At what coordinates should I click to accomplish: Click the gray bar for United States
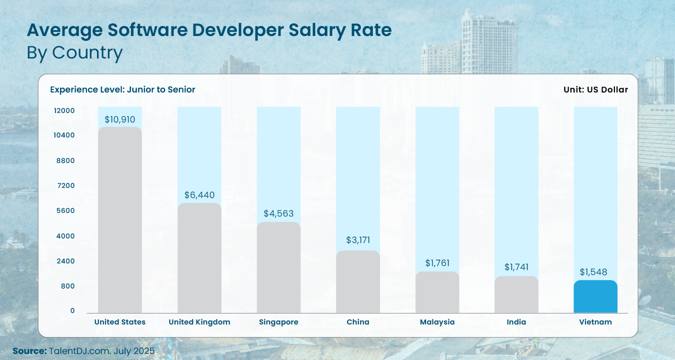point(120,220)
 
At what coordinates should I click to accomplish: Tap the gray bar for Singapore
point(278,267)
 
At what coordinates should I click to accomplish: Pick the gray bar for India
point(516,294)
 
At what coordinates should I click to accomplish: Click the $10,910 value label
point(120,120)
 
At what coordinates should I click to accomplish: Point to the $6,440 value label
point(199,195)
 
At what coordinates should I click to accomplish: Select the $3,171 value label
point(358,240)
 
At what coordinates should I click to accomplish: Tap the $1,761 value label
point(437,262)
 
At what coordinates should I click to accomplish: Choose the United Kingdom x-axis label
point(199,322)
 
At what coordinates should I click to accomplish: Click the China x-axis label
point(358,322)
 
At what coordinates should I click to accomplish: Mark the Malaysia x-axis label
point(437,322)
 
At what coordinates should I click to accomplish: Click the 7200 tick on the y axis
point(65,185)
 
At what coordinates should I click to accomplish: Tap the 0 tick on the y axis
point(72,310)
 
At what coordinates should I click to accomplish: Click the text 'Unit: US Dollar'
point(595,89)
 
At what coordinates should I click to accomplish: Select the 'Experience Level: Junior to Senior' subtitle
point(122,89)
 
